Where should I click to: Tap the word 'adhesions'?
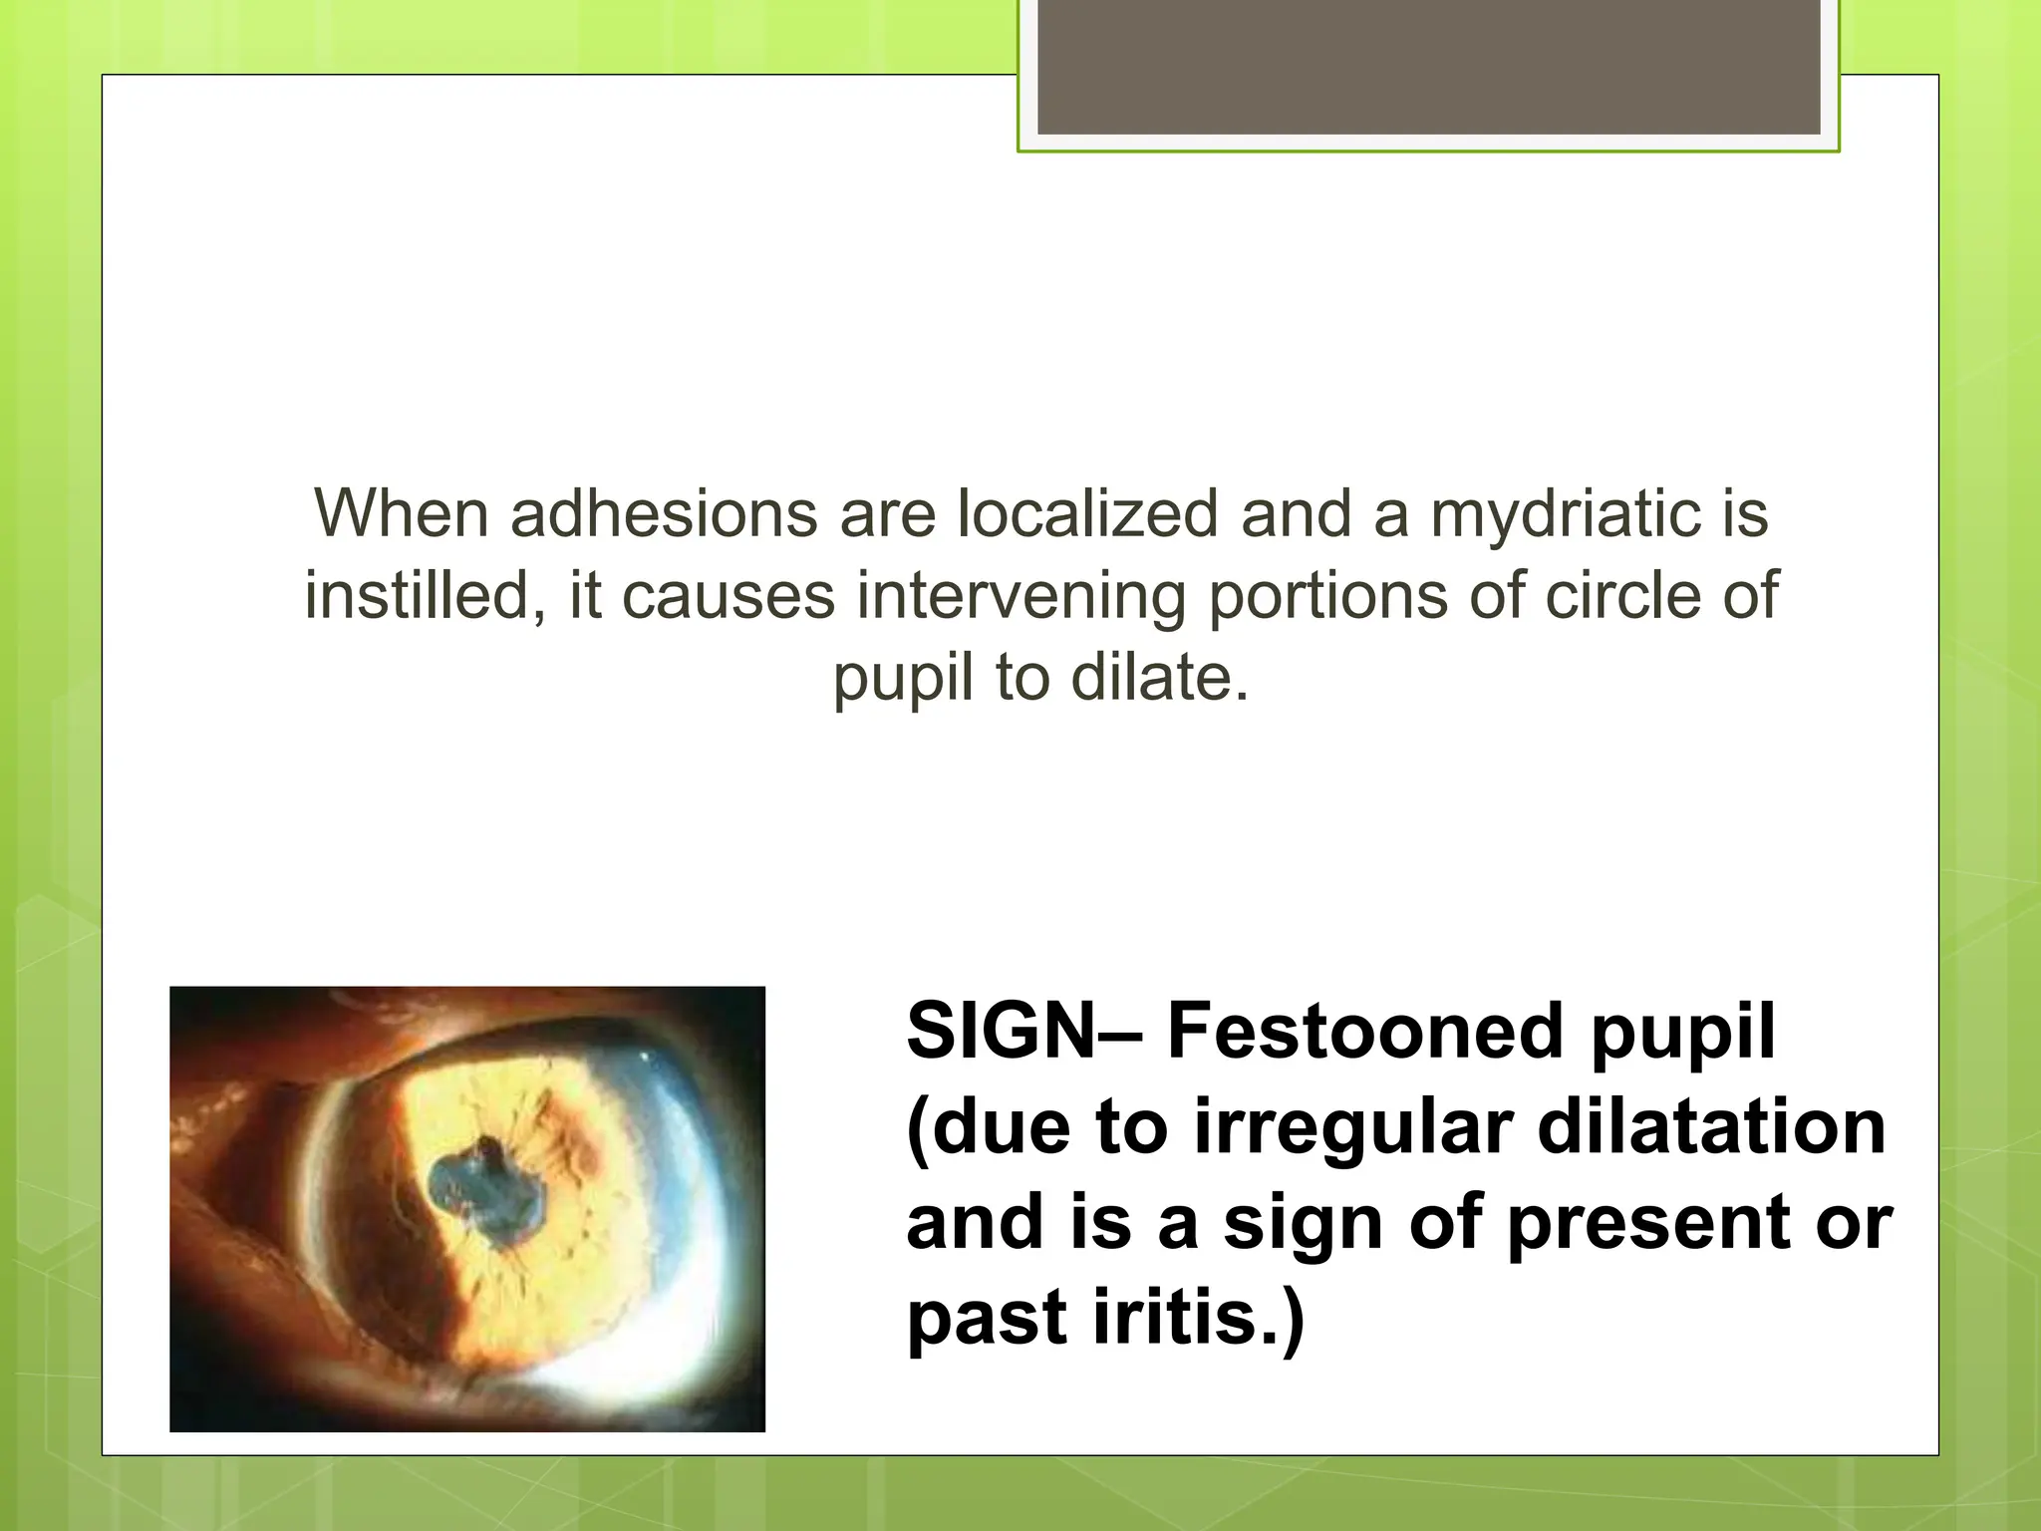pyautogui.click(x=664, y=514)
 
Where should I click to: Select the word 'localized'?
pyautogui.click(x=1087, y=514)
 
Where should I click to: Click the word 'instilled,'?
pyautogui.click(x=426, y=596)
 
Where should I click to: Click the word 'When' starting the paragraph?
pyautogui.click(x=401, y=514)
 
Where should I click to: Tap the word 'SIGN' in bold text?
pyautogui.click(x=1002, y=1031)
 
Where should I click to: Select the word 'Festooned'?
pyautogui.click(x=1366, y=1031)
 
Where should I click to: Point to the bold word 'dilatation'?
pyautogui.click(x=1711, y=1127)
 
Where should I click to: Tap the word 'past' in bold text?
pyautogui.click(x=988, y=1318)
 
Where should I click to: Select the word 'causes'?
pyautogui.click(x=729, y=596)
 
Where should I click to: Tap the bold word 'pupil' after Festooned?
pyautogui.click(x=1682, y=1031)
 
